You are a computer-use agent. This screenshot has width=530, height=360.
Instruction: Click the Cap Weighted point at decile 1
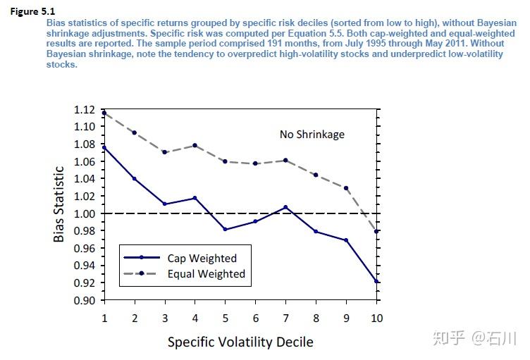click(x=104, y=147)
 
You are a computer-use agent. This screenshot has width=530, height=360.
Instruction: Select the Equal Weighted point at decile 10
click(x=377, y=231)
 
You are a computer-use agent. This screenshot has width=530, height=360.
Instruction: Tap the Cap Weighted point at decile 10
click(x=377, y=281)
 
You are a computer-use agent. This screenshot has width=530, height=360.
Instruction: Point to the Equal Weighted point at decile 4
click(x=195, y=145)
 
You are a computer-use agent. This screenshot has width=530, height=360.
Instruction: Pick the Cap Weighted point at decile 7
click(x=286, y=207)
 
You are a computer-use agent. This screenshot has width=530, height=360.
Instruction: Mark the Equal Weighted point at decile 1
click(x=104, y=113)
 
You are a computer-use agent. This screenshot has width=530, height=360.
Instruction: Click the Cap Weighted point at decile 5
click(x=225, y=230)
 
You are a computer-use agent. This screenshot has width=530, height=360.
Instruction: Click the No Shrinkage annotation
click(x=312, y=135)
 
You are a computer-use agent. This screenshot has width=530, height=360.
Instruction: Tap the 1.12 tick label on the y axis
click(x=83, y=110)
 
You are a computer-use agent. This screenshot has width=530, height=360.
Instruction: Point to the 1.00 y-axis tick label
click(x=83, y=213)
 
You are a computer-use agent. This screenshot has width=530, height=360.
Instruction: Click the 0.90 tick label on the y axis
click(x=83, y=300)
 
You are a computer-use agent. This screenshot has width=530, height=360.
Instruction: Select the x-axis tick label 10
click(x=377, y=318)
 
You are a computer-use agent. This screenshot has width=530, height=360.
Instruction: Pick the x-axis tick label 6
click(x=255, y=318)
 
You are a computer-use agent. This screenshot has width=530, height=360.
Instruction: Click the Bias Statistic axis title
click(x=60, y=204)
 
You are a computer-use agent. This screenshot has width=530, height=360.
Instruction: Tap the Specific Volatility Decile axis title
click(x=240, y=342)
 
